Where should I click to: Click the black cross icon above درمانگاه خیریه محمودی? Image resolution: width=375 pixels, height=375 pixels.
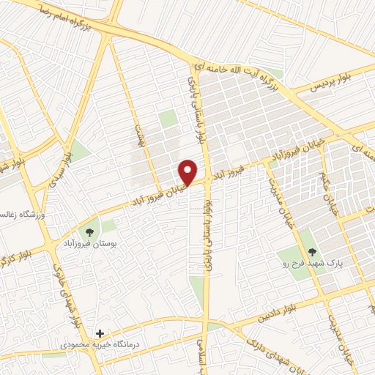coord(100,333)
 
